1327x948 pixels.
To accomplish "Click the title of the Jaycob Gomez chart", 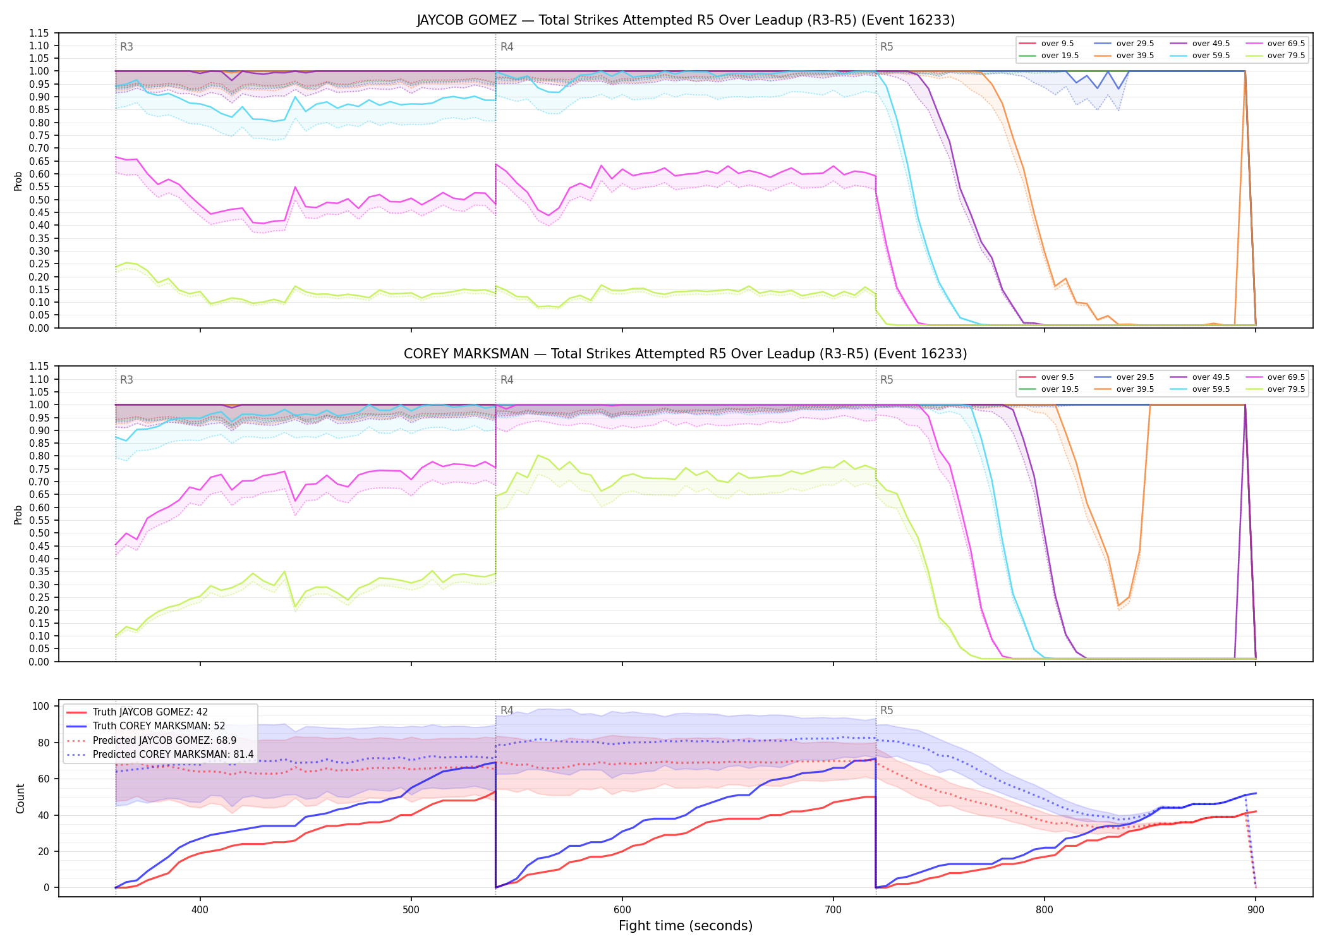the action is [x=686, y=20].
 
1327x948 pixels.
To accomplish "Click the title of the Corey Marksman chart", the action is [x=686, y=354].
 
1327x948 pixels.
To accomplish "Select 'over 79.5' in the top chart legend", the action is [x=1286, y=56].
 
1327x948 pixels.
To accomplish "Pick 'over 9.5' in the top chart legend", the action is [x=1057, y=44].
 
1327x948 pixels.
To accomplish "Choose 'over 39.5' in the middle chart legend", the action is [x=1135, y=389].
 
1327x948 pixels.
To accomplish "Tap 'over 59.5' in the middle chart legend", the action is [x=1211, y=389].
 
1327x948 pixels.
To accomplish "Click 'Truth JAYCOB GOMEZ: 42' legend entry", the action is [x=150, y=712].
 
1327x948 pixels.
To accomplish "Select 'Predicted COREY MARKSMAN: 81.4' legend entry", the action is [x=173, y=755].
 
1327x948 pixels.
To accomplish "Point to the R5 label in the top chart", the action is [x=887, y=47].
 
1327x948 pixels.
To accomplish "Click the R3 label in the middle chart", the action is [x=126, y=380].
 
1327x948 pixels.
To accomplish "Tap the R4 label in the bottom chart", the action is [x=507, y=710].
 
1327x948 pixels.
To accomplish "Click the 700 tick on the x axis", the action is [x=833, y=910].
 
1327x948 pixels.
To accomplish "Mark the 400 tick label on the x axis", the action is [x=200, y=910].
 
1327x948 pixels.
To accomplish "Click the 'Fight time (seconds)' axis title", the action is [x=686, y=926].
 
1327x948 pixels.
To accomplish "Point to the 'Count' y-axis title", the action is [x=20, y=798].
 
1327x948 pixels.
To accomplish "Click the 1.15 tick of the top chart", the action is [x=40, y=33].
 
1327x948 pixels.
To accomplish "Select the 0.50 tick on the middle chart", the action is [x=40, y=533].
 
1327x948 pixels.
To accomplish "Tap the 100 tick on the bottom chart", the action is [x=41, y=707].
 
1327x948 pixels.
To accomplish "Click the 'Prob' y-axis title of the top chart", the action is [x=18, y=181].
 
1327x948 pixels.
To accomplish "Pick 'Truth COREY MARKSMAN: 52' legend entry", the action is [x=159, y=726].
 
